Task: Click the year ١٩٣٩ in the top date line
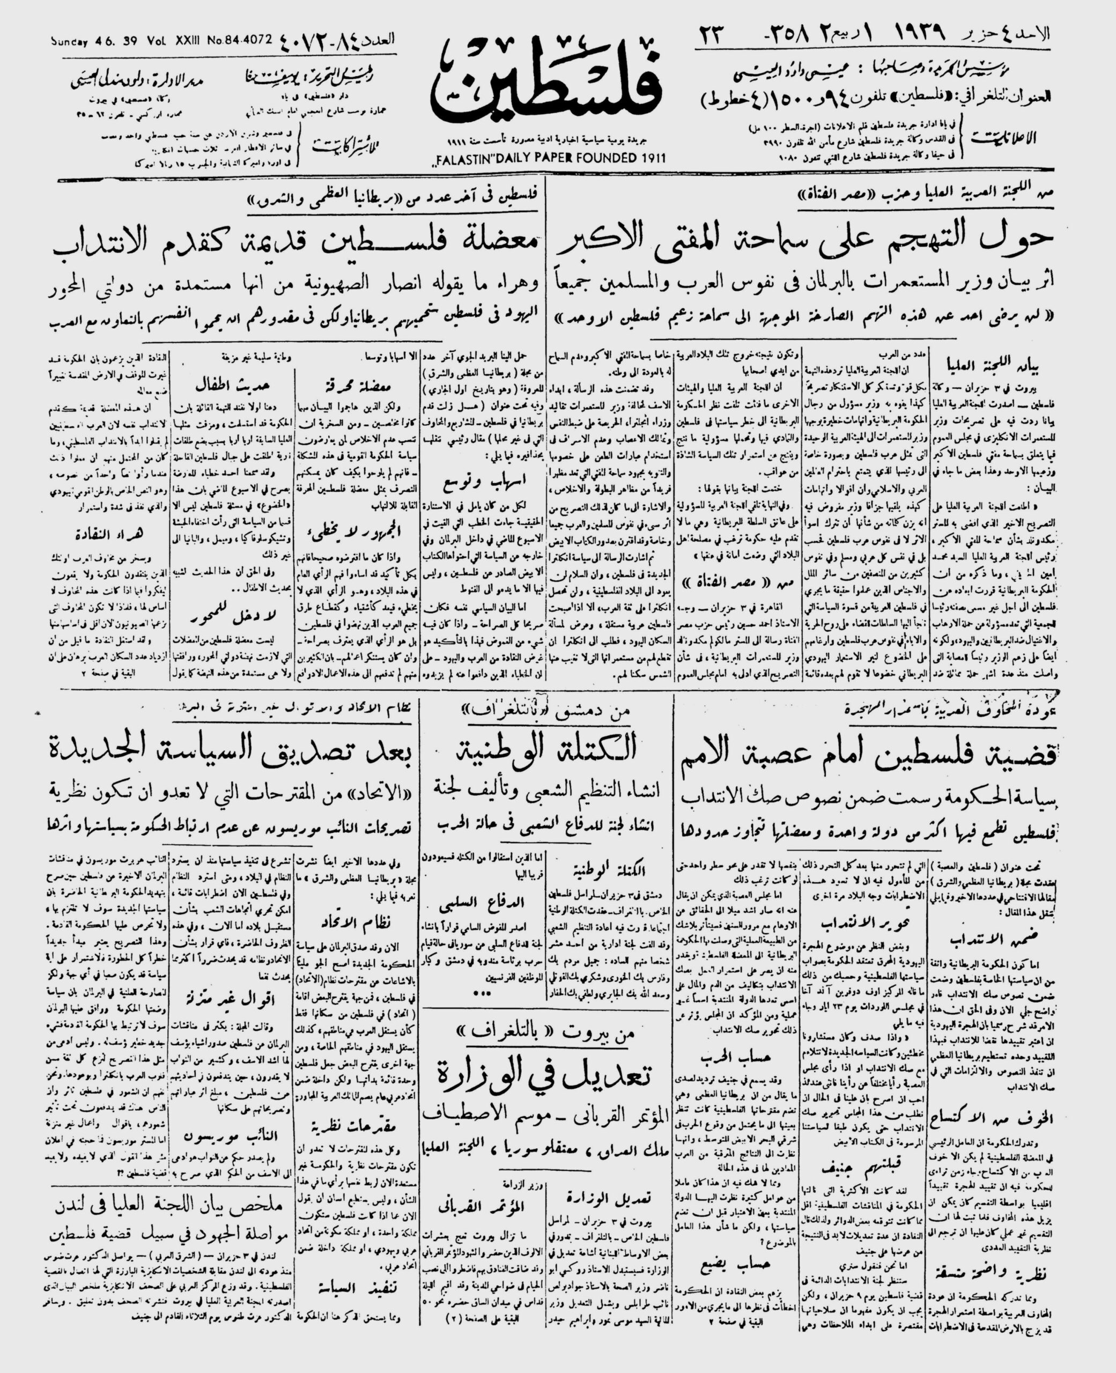point(913,33)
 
